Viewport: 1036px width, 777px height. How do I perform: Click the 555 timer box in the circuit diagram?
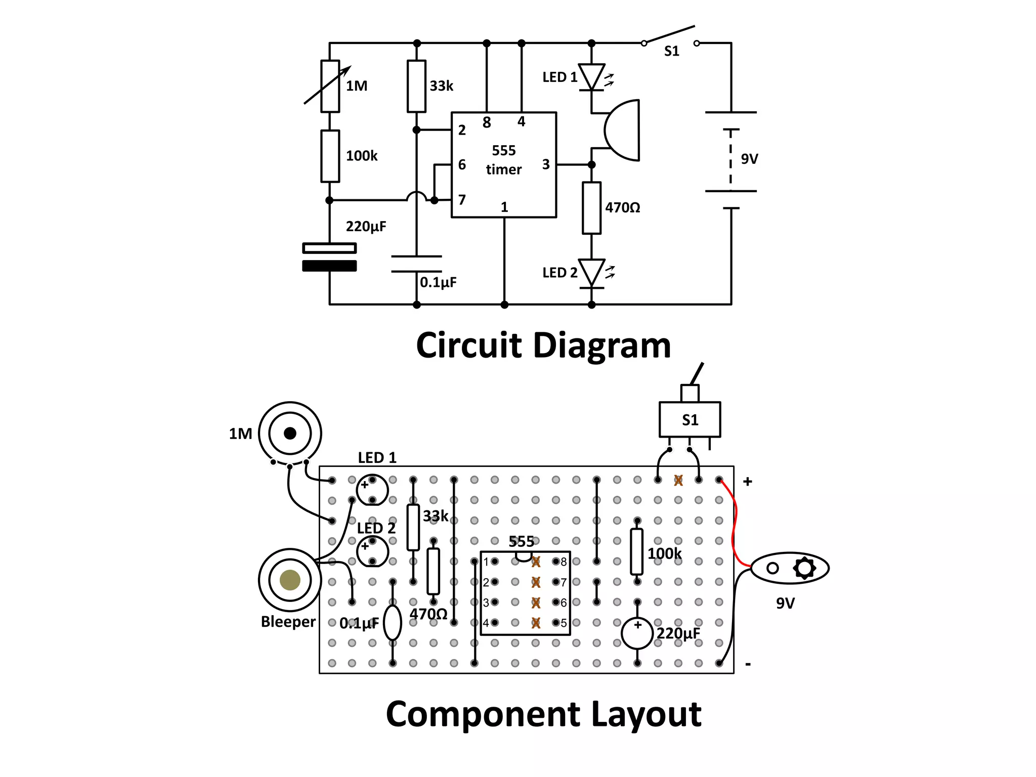(503, 164)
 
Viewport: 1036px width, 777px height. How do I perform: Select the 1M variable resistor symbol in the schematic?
(330, 86)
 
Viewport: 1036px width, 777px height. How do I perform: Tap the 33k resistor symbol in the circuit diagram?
(416, 86)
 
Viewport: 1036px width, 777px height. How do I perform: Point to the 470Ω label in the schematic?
(622, 207)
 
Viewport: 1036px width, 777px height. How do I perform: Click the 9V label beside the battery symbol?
(749, 159)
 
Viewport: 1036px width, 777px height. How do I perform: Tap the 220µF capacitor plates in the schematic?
(329, 257)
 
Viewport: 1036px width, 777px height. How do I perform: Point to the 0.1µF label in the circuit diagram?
(438, 282)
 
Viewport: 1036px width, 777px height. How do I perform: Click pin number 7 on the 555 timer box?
(461, 200)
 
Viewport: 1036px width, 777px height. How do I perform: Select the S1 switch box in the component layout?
(689, 419)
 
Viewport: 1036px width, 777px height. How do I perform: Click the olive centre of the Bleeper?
(290, 580)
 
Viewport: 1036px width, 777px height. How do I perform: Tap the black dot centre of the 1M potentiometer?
(290, 434)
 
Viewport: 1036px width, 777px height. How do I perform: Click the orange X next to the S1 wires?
(678, 480)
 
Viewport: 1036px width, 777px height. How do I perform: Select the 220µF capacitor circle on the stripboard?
(637, 633)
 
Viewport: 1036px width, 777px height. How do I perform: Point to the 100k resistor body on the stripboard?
(637, 551)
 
